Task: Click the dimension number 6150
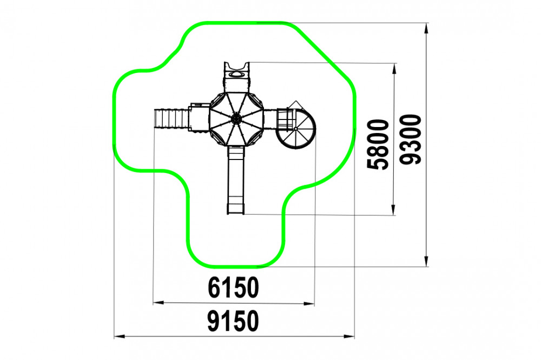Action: (233, 287)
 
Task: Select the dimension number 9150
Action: (233, 321)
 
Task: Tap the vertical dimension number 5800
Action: (378, 144)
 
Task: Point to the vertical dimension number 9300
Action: (410, 139)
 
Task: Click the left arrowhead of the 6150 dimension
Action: (159, 303)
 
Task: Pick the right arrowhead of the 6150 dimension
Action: (309, 304)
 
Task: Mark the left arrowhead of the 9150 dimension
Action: (120, 336)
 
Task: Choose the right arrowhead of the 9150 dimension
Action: (349, 337)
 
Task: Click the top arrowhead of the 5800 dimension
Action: (394, 69)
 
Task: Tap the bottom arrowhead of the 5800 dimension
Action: (393, 210)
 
